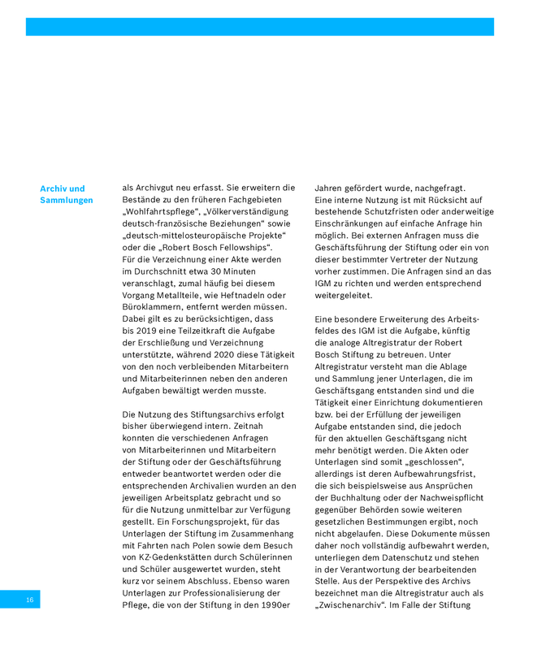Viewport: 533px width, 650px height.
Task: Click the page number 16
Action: point(29,600)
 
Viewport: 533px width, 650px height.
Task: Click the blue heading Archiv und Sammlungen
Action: point(66,194)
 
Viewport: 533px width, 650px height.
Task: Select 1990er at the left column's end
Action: point(275,606)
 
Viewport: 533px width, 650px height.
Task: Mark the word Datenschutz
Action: point(411,570)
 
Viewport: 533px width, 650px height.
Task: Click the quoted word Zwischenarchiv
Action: point(355,606)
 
